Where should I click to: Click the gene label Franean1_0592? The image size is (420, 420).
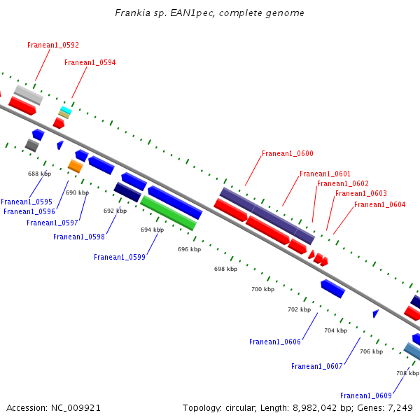(53, 45)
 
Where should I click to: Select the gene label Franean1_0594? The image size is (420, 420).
(90, 63)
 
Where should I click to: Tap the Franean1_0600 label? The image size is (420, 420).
(288, 153)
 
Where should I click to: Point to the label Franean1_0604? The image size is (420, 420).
(380, 204)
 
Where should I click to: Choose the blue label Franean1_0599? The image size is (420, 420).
(120, 257)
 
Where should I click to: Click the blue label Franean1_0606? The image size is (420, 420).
(275, 342)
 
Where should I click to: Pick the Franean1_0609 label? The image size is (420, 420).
(366, 395)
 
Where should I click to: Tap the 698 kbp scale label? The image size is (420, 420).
(225, 269)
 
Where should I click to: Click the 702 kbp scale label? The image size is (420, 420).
(299, 309)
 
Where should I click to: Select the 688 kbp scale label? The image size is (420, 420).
(39, 174)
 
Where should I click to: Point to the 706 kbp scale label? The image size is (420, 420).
(371, 351)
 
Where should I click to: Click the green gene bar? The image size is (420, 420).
(169, 213)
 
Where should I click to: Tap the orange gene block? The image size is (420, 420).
(76, 167)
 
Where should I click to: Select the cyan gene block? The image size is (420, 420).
(66, 110)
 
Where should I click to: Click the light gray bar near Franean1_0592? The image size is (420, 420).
(29, 95)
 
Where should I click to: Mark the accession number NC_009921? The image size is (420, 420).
(76, 408)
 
